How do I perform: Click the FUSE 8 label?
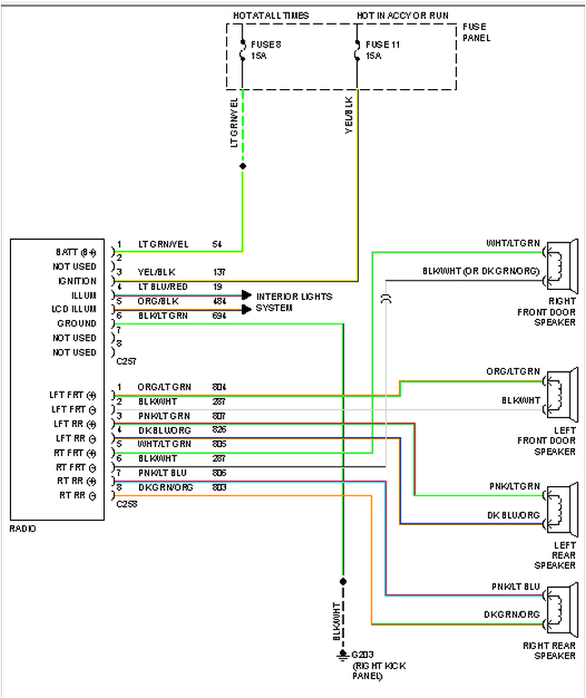pyautogui.click(x=265, y=43)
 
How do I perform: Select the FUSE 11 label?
pyautogui.click(x=382, y=43)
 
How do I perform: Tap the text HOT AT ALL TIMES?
pyautogui.click(x=272, y=15)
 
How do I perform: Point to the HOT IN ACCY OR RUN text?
pyautogui.click(x=401, y=15)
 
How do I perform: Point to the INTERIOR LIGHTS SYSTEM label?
pyautogui.click(x=293, y=302)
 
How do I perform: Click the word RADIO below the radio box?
pyautogui.click(x=24, y=528)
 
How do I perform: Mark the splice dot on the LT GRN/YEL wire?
pyautogui.click(x=243, y=166)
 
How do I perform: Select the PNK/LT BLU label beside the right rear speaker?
pyautogui.click(x=515, y=586)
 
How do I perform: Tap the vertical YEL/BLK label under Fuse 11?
pyautogui.click(x=349, y=115)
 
